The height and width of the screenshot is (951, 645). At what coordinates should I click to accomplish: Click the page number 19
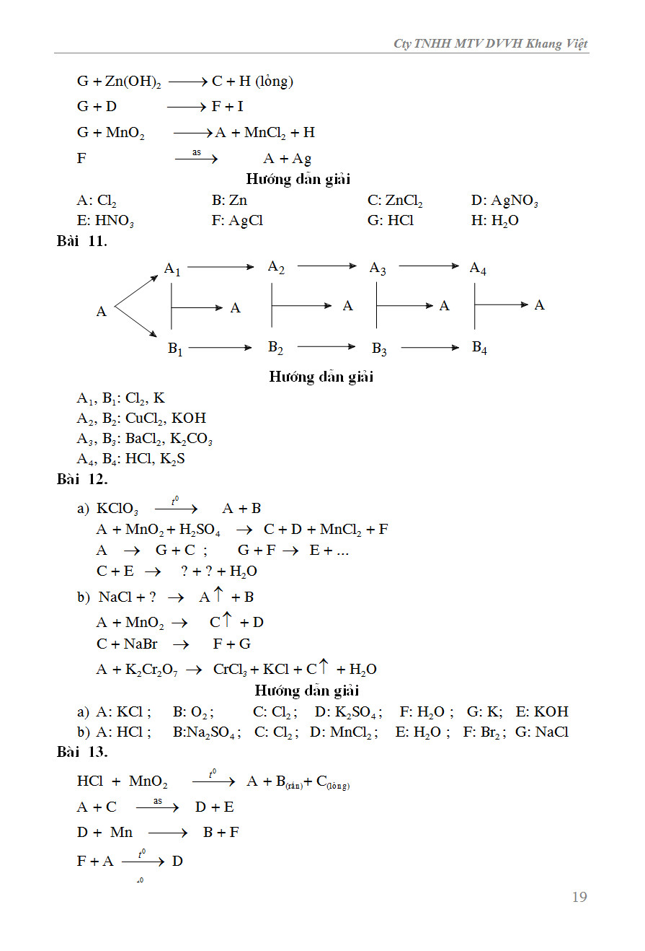coord(579,897)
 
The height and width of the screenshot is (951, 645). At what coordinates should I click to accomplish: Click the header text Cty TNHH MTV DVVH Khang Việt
coord(490,44)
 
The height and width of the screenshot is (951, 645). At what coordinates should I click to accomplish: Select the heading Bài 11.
coord(81,241)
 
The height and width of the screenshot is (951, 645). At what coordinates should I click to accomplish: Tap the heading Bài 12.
coord(81,478)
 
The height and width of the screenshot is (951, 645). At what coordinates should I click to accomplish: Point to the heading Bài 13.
coord(81,752)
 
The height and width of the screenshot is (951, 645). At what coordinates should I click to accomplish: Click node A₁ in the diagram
coord(172,270)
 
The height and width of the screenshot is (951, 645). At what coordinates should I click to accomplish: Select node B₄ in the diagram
coord(479,348)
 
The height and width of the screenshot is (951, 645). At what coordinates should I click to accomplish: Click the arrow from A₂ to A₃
coord(326,266)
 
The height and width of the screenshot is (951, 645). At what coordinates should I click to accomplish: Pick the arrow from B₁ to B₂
coord(221,348)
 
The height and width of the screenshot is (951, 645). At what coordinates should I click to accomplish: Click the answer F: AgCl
coord(237,221)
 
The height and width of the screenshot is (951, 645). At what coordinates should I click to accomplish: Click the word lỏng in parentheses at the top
coord(275,82)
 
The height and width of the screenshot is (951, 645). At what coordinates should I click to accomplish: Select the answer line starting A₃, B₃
coord(144,439)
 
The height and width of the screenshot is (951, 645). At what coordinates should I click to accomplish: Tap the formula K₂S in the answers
coord(172,459)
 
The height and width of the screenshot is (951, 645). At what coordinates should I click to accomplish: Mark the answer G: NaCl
coord(541,732)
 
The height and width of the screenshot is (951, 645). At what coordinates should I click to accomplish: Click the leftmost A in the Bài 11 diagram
coord(101,312)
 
